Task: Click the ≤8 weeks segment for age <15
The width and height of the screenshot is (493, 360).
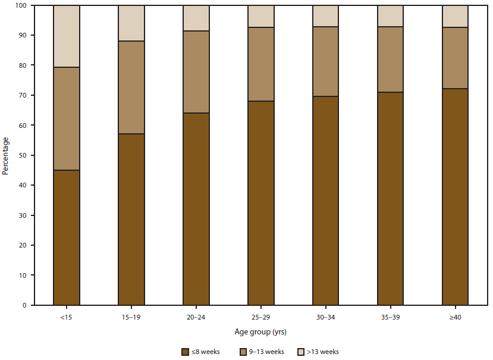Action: coord(67,237)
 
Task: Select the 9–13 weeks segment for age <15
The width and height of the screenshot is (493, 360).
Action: coord(67,118)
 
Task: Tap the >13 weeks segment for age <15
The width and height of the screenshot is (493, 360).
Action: coord(67,36)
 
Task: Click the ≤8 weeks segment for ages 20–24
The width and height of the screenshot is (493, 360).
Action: coord(196,209)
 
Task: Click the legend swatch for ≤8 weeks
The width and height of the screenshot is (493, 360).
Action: coord(186,352)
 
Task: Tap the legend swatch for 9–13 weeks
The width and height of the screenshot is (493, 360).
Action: coord(243,352)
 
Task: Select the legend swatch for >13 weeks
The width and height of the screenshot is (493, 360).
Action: coord(302,352)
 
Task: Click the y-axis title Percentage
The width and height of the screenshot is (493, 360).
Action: coord(5,156)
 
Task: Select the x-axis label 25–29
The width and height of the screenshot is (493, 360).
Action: coord(261,317)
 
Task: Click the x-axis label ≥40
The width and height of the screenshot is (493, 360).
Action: coord(456,317)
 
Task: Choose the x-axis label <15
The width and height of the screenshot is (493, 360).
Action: coord(67,317)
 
